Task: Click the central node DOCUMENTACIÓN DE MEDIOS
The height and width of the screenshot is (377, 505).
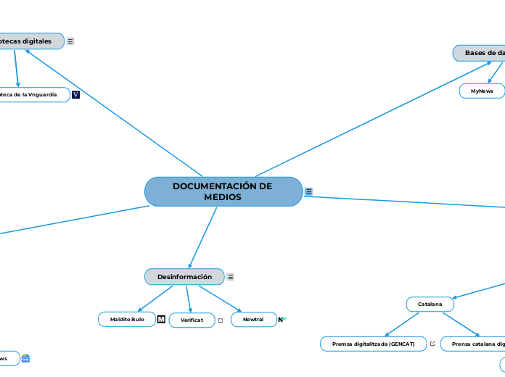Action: pyautogui.click(x=223, y=191)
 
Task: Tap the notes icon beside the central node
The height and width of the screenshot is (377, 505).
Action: pyautogui.click(x=309, y=191)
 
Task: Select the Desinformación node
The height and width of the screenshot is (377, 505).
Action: pyautogui.click(x=184, y=277)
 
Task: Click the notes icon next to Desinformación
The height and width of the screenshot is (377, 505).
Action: pyautogui.click(x=231, y=277)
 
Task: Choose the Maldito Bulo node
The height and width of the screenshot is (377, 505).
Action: pyautogui.click(x=127, y=319)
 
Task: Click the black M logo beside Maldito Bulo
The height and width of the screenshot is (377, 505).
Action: pyautogui.click(x=161, y=319)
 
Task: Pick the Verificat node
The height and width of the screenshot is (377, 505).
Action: pyautogui.click(x=192, y=320)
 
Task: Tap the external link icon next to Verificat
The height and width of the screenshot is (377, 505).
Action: pyautogui.click(x=221, y=320)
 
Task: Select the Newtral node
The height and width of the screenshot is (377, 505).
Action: pyautogui.click(x=253, y=319)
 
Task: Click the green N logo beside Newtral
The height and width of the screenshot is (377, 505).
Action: pyautogui.click(x=282, y=319)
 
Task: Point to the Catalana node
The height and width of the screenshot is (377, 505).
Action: pyautogui.click(x=430, y=304)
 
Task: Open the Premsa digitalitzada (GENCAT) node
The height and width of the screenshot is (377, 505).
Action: pyautogui.click(x=373, y=344)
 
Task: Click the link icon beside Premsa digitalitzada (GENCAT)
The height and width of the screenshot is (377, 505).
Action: pyautogui.click(x=432, y=344)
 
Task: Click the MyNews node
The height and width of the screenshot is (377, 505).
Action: pyautogui.click(x=482, y=91)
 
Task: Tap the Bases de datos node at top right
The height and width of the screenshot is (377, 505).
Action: pyautogui.click(x=480, y=53)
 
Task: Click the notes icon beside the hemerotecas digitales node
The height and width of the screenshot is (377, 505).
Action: pyautogui.click(x=70, y=41)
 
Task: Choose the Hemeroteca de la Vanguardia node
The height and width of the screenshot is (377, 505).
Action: pyautogui.click(x=33, y=94)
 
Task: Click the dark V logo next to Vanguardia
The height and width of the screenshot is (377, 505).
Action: pyautogui.click(x=75, y=94)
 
